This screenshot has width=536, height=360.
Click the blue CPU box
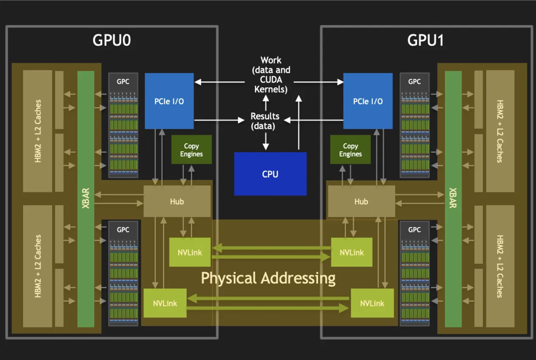(270, 174)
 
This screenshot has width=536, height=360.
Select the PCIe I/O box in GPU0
(169, 101)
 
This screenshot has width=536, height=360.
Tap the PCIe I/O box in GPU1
(368, 101)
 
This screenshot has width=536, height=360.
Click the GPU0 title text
(112, 40)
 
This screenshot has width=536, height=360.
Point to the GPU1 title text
(425, 40)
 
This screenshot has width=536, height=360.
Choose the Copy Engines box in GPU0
(191, 150)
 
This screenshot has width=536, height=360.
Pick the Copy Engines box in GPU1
(350, 150)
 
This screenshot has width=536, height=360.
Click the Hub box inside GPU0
(177, 201)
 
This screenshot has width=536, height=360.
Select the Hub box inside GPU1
(361, 201)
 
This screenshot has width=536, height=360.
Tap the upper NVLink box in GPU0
(190, 252)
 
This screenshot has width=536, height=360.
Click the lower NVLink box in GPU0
(165, 303)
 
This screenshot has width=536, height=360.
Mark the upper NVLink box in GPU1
(352, 252)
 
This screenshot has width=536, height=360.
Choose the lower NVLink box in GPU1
(372, 303)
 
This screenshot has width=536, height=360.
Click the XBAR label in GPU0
(85, 198)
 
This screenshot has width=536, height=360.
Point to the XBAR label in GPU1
(453, 198)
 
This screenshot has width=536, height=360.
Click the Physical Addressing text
(268, 278)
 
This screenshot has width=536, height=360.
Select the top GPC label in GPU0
(123, 81)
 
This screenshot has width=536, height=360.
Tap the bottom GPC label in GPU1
(414, 230)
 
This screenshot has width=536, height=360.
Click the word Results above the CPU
(265, 116)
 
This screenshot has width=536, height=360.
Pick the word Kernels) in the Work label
(271, 89)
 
